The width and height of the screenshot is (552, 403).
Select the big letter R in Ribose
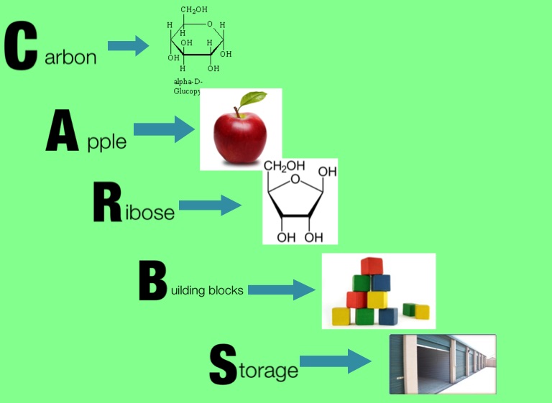[106, 203]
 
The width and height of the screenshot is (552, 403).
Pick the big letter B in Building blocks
[152, 282]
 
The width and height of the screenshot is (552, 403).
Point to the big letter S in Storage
[222, 363]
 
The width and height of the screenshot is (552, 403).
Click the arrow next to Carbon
[128, 47]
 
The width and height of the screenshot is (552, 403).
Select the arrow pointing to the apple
[164, 130]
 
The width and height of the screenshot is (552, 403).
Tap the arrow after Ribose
[209, 205]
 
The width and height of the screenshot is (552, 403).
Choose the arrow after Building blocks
[282, 290]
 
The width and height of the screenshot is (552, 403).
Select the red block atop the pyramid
[372, 266]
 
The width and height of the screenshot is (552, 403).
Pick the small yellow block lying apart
[421, 312]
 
